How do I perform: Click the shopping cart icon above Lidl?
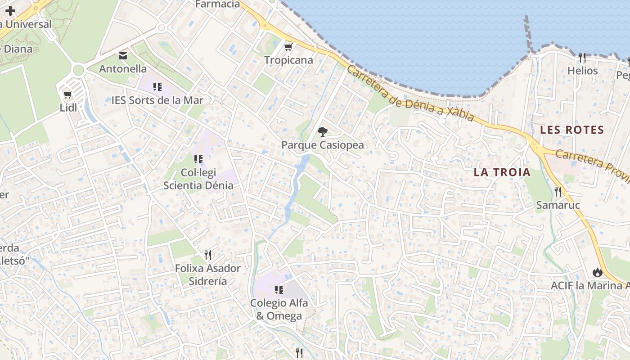click(67, 94)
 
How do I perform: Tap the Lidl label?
click(68, 108)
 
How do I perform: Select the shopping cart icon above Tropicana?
click(288, 47)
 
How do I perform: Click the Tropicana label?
click(288, 60)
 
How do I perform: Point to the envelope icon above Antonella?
click(123, 56)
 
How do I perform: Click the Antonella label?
click(123, 69)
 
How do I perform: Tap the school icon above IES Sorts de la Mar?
click(157, 87)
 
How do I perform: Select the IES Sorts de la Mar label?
click(157, 100)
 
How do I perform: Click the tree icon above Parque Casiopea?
click(322, 132)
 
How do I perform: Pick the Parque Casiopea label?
click(322, 145)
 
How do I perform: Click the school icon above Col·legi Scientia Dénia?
click(198, 159)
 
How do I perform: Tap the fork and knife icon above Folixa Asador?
click(208, 255)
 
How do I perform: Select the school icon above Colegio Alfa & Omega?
click(279, 290)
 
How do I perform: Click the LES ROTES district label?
click(572, 130)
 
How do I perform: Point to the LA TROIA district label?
click(502, 172)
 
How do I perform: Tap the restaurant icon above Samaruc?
click(558, 192)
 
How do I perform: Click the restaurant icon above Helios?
click(582, 58)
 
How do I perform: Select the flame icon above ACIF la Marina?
click(597, 272)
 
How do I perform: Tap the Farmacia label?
click(217, 4)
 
